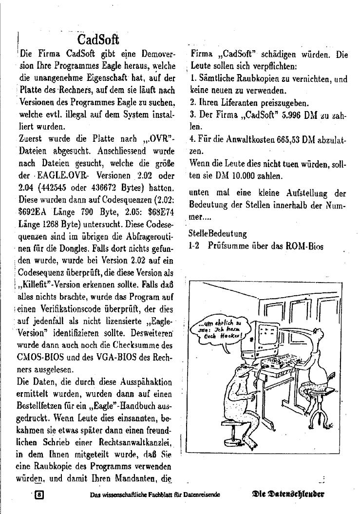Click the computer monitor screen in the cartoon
pyautogui.click(x=269, y=334)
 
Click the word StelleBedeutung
pyautogui.click(x=217, y=234)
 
